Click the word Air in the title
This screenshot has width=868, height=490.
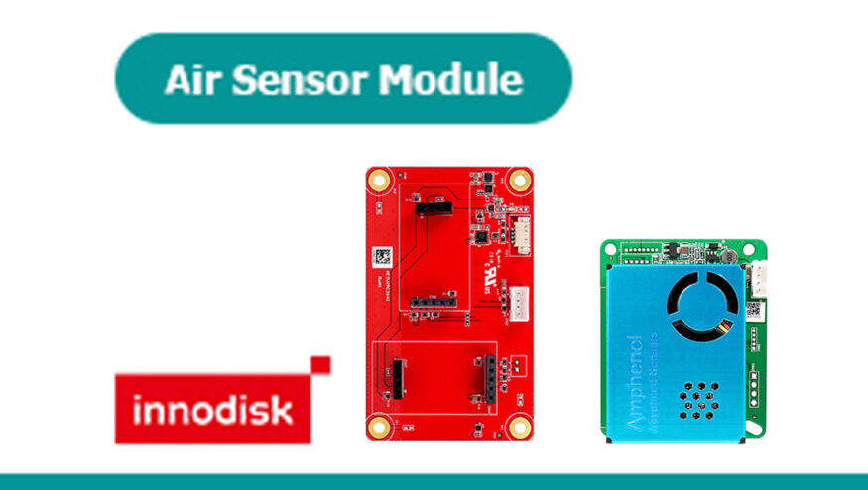pyautogui.click(x=188, y=79)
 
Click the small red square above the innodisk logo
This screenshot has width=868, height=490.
pyautogui.click(x=319, y=365)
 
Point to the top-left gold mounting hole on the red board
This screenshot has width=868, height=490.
pyautogui.click(x=379, y=181)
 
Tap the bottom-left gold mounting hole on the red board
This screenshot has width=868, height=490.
pyautogui.click(x=379, y=428)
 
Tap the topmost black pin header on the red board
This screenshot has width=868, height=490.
pyautogui.click(x=432, y=207)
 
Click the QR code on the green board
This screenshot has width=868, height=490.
pyautogui.click(x=753, y=308)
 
